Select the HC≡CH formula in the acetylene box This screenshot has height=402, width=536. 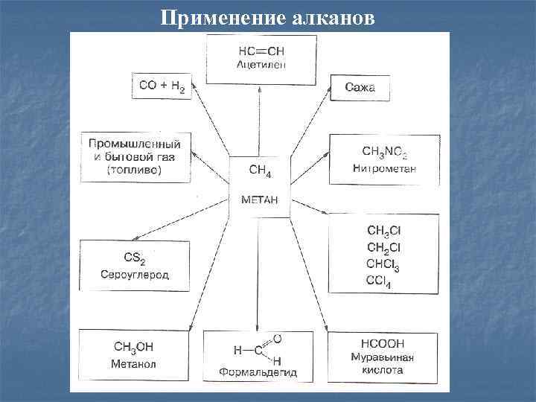coord(261,51)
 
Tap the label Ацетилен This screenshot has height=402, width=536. coord(261,65)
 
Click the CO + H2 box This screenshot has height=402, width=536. coord(162,86)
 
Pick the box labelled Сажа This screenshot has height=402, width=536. coord(360,88)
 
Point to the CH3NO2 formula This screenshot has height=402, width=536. coord(384,153)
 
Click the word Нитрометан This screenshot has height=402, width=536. coord(384,168)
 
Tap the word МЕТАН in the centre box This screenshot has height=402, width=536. coord(259,200)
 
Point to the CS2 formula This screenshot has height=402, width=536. coord(134,258)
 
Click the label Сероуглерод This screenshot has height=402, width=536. coord(134,274)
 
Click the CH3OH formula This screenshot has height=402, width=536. coord(134,346)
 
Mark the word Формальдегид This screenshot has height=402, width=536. coord(258,371)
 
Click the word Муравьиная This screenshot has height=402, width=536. coord(382,357)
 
